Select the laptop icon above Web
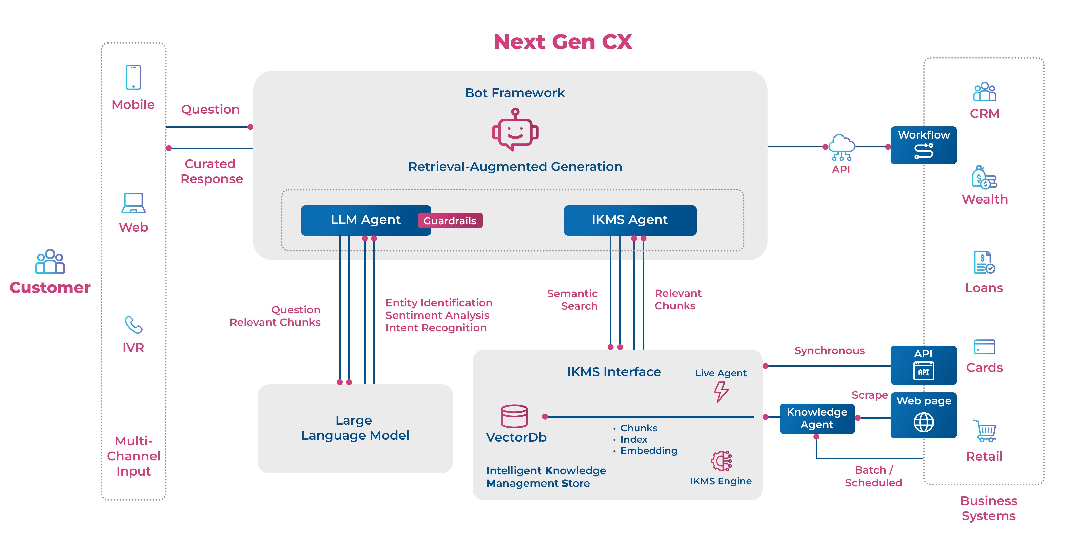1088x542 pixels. pyautogui.click(x=133, y=203)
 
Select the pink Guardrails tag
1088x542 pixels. pyautogui.click(x=450, y=221)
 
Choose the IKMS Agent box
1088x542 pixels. pyautogui.click(x=630, y=220)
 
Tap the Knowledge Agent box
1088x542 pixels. pyautogui.click(x=817, y=418)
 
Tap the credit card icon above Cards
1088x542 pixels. pyautogui.click(x=984, y=347)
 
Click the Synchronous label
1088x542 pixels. pyautogui.click(x=829, y=351)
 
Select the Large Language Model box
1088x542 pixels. pyautogui.click(x=355, y=428)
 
